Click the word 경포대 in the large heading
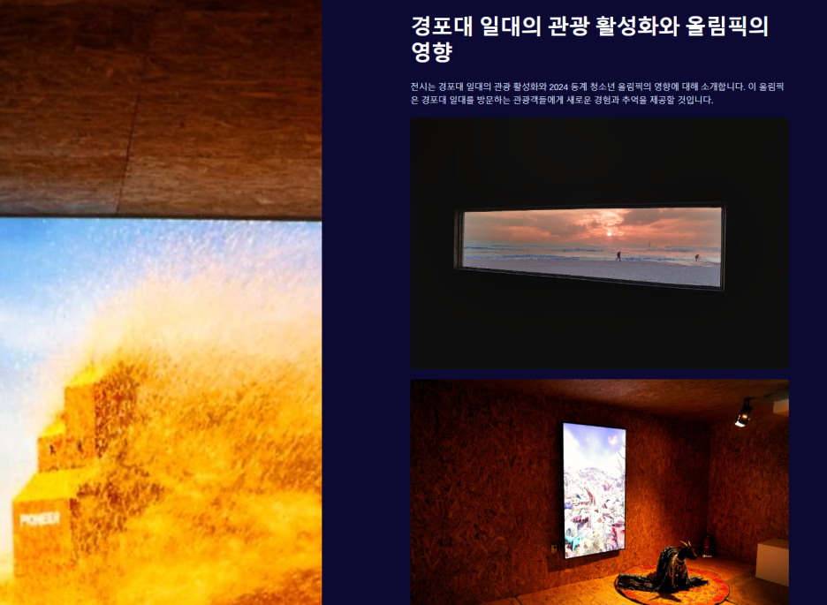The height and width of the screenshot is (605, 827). (442, 26)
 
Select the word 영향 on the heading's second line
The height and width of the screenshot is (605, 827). (432, 51)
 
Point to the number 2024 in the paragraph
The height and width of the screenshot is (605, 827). (558, 87)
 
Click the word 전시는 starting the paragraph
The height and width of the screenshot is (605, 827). (423, 87)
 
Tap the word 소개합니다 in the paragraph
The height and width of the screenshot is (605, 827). (723, 87)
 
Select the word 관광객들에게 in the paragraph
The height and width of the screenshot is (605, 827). (538, 100)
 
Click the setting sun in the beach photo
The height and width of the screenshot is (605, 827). (609, 234)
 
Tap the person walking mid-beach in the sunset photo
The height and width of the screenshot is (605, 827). (618, 256)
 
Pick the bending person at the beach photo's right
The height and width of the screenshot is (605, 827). (697, 258)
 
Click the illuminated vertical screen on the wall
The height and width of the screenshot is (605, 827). (595, 490)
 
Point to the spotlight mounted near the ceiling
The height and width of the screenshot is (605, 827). (744, 412)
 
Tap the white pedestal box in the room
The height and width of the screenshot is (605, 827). (772, 562)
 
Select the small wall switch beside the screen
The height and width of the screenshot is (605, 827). (554, 548)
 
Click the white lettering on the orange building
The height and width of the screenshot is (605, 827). (40, 519)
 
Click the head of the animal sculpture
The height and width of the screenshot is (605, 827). (687, 549)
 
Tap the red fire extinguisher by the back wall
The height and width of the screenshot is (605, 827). (709, 548)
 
